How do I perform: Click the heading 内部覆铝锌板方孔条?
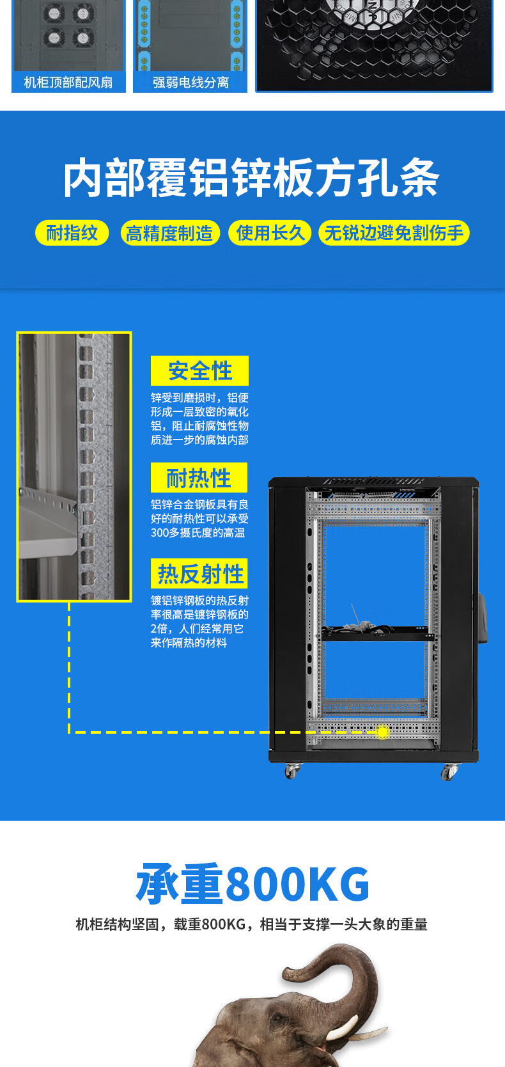(251, 178)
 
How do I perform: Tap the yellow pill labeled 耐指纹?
(72, 233)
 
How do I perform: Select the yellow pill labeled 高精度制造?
(169, 233)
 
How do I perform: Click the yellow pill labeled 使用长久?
(270, 233)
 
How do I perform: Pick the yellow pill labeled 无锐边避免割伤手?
(394, 233)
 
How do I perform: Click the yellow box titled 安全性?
(199, 371)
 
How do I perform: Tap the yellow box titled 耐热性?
(199, 478)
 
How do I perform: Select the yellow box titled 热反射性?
(199, 574)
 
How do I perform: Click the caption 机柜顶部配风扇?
(68, 83)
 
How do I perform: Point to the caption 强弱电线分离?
(190, 83)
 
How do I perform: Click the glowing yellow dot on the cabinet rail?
(382, 732)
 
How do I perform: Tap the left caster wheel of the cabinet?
(291, 771)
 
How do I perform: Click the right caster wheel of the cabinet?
(449, 772)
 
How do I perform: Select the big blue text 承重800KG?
(252, 884)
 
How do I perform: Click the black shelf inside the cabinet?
(377, 636)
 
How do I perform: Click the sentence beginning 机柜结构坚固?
(251, 924)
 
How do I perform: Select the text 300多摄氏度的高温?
(198, 533)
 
